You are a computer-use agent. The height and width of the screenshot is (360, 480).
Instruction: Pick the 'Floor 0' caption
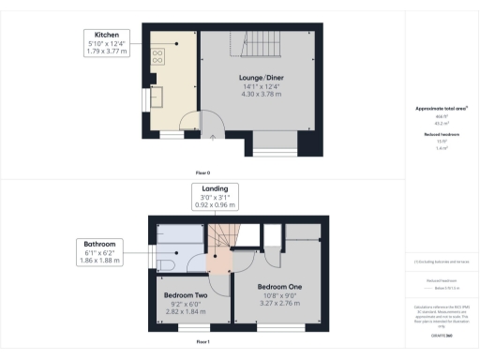pyautogui.click(x=202, y=173)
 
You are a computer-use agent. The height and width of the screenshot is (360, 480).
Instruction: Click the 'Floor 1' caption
pyautogui.click(x=202, y=343)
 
